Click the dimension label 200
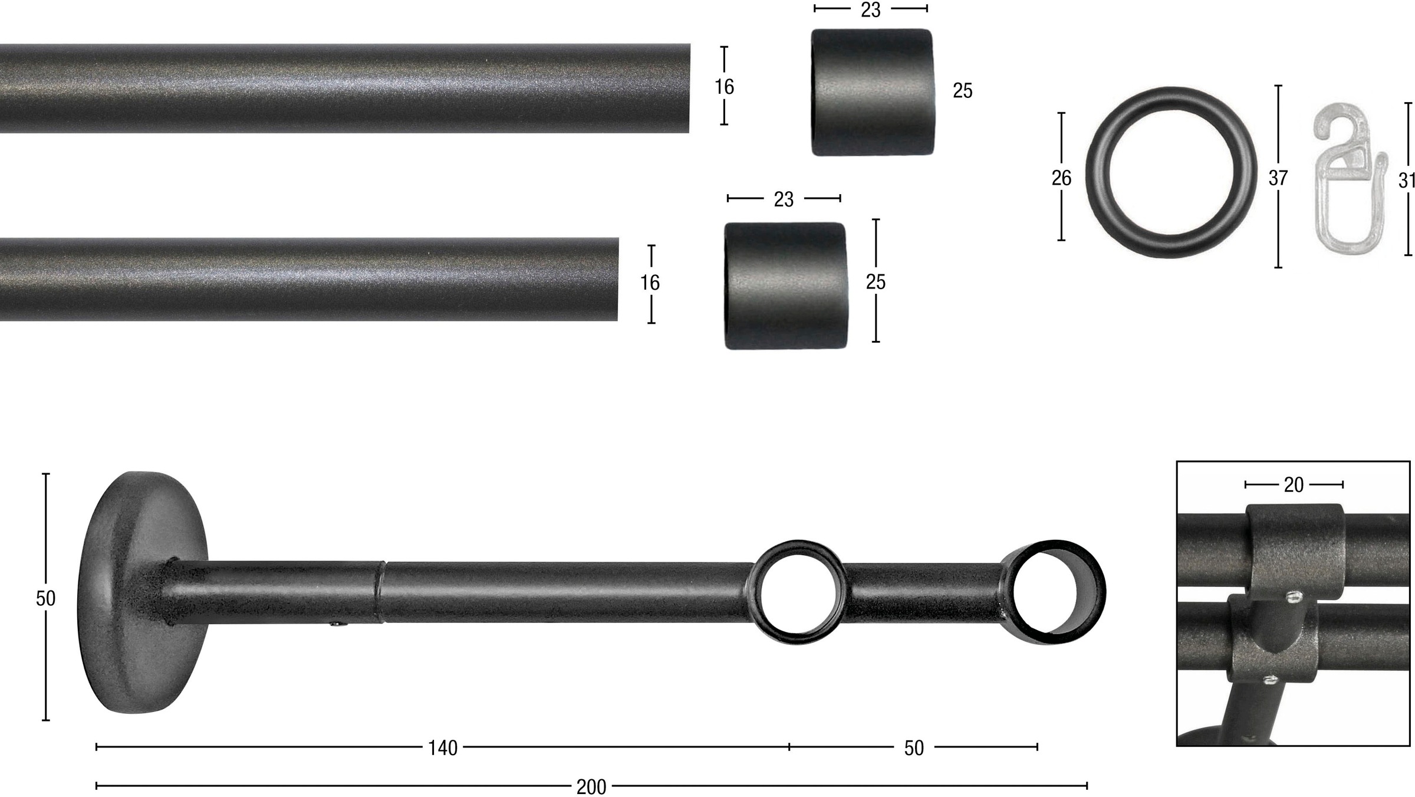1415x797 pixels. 591,786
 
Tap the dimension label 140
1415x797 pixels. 443,748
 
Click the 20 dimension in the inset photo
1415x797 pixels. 1294,485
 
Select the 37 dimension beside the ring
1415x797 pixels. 1278,178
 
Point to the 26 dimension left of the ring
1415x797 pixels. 1061,178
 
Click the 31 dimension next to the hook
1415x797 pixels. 1407,180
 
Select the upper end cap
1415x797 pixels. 872,92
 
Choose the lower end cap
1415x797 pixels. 785,286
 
